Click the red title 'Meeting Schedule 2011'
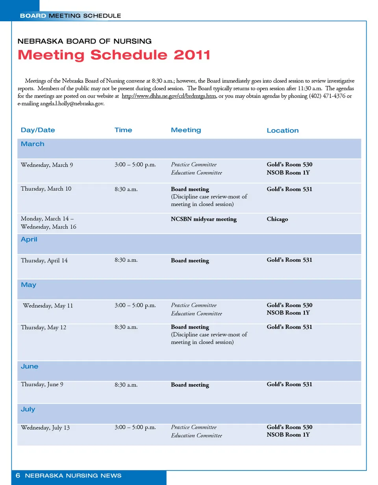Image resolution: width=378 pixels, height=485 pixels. click(x=114, y=55)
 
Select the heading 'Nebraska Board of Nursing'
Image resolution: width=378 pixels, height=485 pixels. click(x=85, y=41)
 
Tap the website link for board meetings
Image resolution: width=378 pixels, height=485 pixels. click(x=169, y=96)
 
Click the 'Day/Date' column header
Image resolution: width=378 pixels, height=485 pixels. click(x=38, y=130)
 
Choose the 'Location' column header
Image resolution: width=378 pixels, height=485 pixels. click(x=282, y=131)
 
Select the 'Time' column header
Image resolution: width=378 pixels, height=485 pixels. click(x=123, y=130)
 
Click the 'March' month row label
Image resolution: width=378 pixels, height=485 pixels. click(x=33, y=144)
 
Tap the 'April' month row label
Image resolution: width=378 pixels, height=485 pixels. click(x=29, y=239)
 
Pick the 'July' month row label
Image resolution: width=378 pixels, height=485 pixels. click(x=28, y=409)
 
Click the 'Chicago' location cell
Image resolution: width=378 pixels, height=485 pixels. click(x=277, y=219)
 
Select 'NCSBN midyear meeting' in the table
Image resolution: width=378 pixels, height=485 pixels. click(x=204, y=219)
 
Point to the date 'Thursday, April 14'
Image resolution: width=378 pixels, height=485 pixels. click(x=44, y=260)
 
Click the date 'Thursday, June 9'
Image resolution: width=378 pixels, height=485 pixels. click(x=42, y=384)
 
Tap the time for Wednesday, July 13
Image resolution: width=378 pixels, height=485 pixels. click(x=135, y=427)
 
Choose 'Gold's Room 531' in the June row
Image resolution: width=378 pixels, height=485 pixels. click(x=289, y=384)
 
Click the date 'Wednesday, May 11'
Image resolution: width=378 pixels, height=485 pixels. click(x=48, y=306)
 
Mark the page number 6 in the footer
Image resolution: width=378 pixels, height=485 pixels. click(x=18, y=476)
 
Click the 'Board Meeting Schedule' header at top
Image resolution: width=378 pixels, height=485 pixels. click(x=70, y=16)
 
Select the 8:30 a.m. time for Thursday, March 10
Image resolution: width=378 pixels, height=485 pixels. click(x=126, y=189)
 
